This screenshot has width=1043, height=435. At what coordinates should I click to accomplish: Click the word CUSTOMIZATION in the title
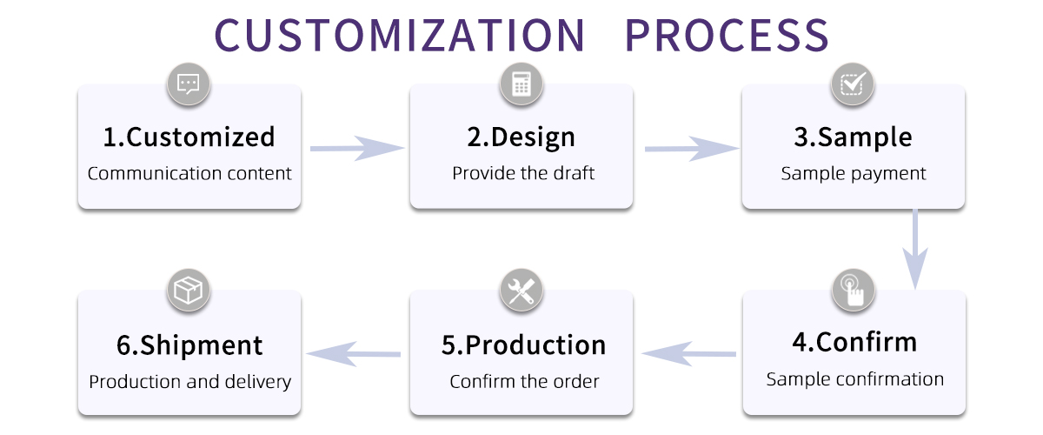click(400, 35)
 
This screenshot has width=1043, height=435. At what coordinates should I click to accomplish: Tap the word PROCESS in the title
click(727, 35)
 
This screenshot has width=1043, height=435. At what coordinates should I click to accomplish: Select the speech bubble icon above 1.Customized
click(189, 84)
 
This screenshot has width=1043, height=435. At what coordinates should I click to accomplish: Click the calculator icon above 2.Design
click(521, 84)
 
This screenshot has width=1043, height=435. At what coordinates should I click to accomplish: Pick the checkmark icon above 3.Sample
click(853, 84)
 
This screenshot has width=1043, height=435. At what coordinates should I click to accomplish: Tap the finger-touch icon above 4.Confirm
click(854, 290)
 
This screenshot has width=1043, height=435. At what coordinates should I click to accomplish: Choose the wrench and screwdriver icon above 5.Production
click(521, 291)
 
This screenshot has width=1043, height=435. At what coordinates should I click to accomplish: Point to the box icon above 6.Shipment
click(189, 291)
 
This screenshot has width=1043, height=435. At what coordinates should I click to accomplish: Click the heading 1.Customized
click(189, 137)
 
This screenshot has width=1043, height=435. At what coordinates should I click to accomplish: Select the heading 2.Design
click(521, 137)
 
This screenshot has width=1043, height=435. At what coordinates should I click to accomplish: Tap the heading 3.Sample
click(854, 137)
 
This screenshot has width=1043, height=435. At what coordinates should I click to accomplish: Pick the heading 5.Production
click(523, 345)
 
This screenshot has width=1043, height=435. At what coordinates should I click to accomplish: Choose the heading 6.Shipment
click(189, 345)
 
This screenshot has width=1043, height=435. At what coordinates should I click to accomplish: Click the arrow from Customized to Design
click(356, 149)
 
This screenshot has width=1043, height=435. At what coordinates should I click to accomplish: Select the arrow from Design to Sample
click(690, 149)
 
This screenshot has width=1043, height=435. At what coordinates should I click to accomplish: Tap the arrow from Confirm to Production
click(688, 353)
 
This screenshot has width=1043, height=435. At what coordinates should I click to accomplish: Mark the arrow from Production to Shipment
click(355, 353)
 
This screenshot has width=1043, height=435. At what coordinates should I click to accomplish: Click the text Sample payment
click(854, 173)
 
